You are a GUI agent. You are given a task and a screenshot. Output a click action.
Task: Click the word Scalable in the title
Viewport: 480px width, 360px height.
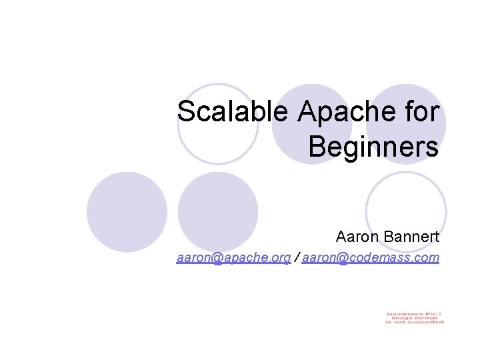coord(234,112)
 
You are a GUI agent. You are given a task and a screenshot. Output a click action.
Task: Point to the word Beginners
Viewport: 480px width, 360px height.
coord(373,147)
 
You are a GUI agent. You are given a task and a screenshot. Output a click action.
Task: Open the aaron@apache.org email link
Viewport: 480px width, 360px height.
coord(233,257)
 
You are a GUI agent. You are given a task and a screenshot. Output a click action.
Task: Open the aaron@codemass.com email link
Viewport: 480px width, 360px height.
coord(371,257)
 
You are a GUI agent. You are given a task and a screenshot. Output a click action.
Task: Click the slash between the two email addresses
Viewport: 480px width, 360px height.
coord(297,257)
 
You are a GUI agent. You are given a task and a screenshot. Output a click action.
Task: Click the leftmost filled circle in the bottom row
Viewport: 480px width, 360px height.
coord(127,212)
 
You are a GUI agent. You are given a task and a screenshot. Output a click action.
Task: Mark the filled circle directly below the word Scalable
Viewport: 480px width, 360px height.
coord(219,212)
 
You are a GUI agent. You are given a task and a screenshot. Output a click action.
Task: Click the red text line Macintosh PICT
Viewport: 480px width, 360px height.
coord(414,313)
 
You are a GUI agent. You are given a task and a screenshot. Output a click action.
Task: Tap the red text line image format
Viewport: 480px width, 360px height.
coord(414,318)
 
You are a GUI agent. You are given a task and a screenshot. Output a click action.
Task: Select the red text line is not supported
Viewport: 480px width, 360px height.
coord(414,323)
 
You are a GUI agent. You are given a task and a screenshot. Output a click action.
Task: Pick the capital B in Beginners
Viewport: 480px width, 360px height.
coord(317,147)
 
